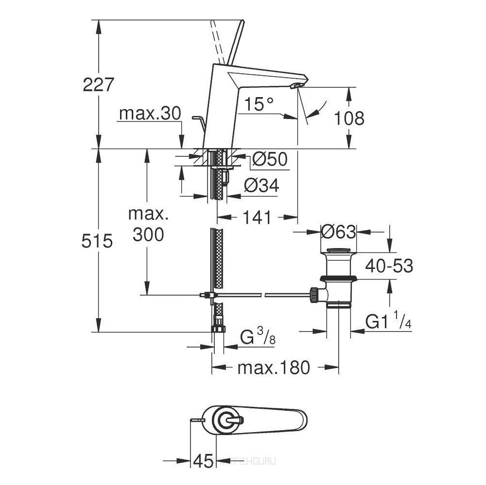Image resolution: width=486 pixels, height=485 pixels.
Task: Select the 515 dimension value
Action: pyautogui.click(x=98, y=240)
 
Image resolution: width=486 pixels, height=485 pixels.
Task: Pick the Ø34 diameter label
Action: pyautogui.click(x=261, y=185)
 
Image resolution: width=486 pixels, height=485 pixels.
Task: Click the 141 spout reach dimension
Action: pyautogui.click(x=257, y=218)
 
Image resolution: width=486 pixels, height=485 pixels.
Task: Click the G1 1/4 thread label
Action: pyautogui.click(x=389, y=321)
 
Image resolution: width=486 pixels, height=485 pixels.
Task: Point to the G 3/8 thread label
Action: pyautogui.click(x=258, y=336)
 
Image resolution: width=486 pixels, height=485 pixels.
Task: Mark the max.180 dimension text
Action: pyautogui.click(x=273, y=368)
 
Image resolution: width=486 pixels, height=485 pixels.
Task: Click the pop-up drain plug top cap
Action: pyautogui.click(x=339, y=251)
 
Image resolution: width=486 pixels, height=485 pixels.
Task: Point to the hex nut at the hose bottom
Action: pyautogui.click(x=219, y=328)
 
